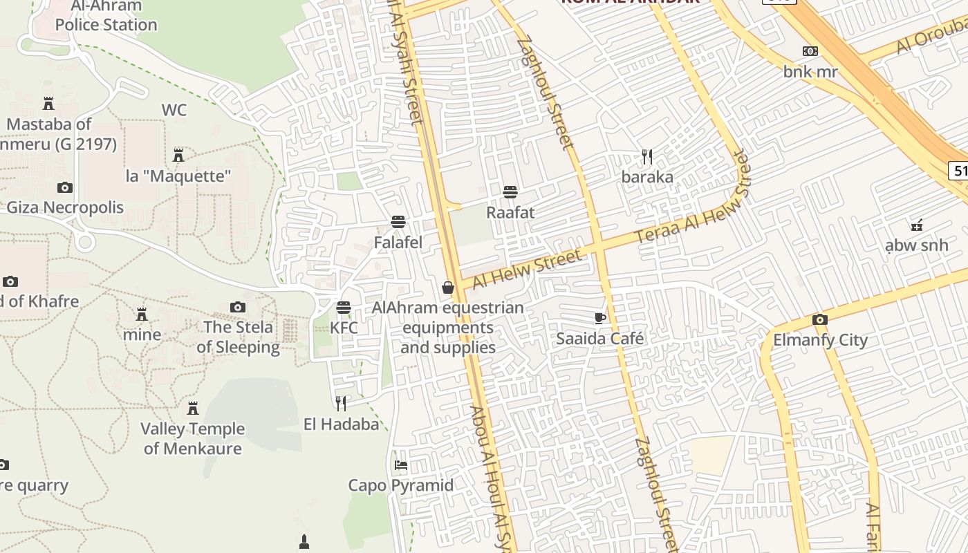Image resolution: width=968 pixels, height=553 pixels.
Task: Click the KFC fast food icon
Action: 344,308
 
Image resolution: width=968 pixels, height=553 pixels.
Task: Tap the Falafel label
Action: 398,243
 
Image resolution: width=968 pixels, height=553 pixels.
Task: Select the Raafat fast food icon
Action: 510,191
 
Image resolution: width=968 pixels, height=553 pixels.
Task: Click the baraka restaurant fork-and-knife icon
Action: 647,157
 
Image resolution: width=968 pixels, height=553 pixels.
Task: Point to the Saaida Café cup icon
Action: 600,318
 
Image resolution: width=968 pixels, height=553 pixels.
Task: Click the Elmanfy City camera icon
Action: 820,319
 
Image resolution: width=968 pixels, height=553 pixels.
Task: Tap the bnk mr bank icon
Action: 810,51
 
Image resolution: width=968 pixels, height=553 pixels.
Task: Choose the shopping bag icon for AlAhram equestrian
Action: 448,288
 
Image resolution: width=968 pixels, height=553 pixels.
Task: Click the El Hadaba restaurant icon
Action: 341,403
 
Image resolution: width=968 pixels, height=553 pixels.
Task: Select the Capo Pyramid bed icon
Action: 401,465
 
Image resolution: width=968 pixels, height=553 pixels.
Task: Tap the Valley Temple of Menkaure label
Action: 193,438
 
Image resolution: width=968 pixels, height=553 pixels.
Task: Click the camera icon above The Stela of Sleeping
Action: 238,307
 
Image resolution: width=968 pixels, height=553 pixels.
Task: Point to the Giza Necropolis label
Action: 65,207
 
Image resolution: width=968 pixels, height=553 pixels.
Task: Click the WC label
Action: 174,110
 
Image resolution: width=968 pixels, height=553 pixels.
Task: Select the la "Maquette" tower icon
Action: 178,155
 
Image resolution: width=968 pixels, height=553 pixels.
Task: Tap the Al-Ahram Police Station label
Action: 106,16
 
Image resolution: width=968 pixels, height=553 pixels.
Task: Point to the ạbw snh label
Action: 917,245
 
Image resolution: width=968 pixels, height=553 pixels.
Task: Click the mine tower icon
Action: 142,315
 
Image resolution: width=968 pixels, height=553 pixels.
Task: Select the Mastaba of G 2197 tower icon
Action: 48,104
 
